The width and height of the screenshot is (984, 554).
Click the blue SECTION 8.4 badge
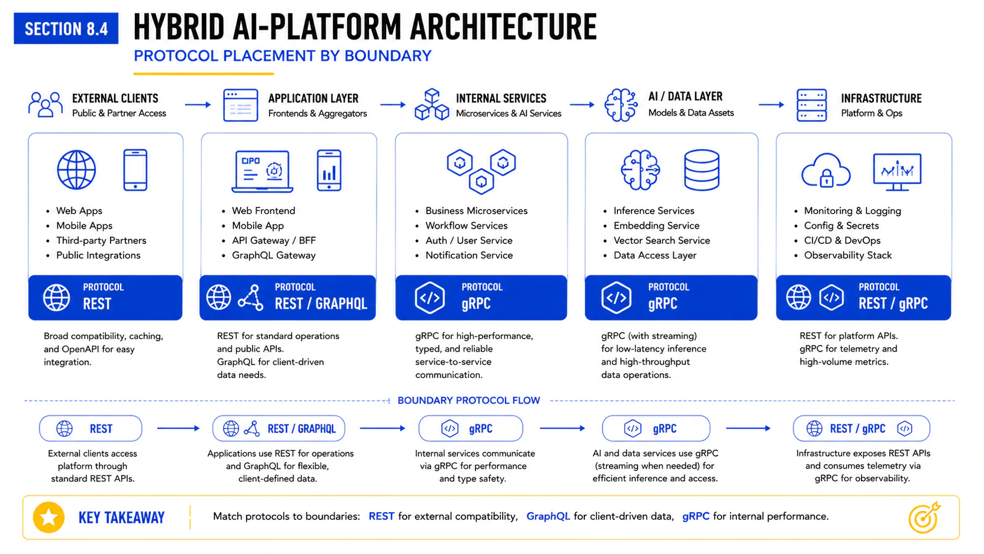(x=66, y=29)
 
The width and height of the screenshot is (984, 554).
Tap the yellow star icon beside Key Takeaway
(x=49, y=517)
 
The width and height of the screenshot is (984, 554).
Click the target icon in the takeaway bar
(x=924, y=517)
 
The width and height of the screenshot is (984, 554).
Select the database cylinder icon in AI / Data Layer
(x=702, y=170)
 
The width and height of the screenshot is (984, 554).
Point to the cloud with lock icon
(x=826, y=171)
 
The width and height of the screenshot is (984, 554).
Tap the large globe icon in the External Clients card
(x=77, y=170)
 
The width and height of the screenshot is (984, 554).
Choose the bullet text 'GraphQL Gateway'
(x=274, y=256)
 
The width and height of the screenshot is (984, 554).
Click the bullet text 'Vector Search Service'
(x=661, y=240)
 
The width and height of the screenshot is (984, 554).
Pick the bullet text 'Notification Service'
(x=468, y=256)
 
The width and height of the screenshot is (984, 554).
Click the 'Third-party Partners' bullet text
(x=101, y=240)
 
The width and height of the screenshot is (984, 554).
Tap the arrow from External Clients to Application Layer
(x=198, y=105)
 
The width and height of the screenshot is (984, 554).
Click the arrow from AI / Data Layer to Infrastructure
(x=772, y=105)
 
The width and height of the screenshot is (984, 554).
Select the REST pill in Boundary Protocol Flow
(x=91, y=429)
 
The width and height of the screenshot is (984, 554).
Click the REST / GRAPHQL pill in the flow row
(x=278, y=429)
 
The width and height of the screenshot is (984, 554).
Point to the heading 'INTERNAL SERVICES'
(x=501, y=98)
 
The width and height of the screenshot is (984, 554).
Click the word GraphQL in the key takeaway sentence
(x=548, y=516)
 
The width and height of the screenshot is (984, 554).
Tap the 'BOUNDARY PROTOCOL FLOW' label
(x=468, y=401)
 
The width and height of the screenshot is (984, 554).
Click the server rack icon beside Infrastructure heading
(x=812, y=105)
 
